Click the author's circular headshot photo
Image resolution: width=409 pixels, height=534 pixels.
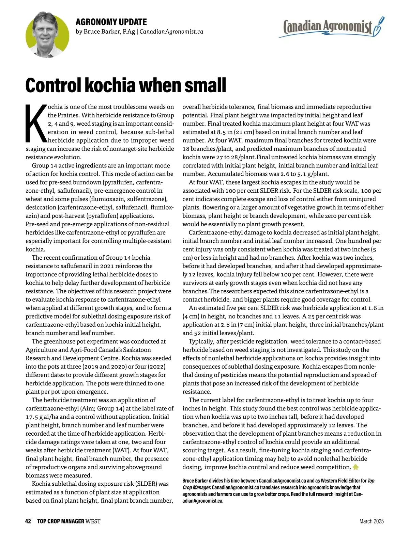coord(47,35)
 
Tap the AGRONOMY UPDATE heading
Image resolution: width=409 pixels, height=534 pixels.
coord(111,22)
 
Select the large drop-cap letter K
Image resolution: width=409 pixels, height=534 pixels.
coord(36,123)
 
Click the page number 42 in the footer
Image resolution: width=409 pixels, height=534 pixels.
coord(28,521)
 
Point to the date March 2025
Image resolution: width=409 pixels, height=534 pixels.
coord(372,521)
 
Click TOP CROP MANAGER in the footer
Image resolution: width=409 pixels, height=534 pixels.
coord(61,521)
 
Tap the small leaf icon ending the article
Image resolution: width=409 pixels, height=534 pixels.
coord(355,467)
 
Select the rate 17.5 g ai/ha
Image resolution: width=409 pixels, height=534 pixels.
coord(47,417)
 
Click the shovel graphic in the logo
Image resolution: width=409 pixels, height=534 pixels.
coord(378,27)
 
